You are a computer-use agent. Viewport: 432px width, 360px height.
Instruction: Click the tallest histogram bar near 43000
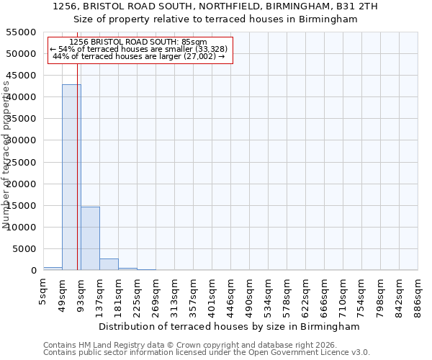71,177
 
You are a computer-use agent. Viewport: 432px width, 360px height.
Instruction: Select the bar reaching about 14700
90,238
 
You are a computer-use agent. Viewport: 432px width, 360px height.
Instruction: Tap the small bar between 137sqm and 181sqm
109,264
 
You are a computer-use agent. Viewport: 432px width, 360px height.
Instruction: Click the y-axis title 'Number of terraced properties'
6,155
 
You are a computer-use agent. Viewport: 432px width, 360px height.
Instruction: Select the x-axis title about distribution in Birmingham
230,326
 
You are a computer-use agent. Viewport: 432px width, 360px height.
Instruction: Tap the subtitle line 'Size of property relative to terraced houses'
215,19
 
